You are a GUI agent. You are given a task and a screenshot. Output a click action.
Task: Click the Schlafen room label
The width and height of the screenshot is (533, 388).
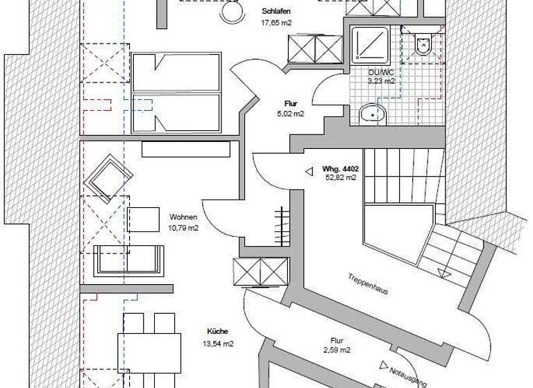point(276,12)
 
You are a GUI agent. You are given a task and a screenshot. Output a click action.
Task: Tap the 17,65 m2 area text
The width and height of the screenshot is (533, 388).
point(275,22)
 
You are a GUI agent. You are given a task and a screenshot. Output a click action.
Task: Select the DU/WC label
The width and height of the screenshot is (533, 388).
point(382,71)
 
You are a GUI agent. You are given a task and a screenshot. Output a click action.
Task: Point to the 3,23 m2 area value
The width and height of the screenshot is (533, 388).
point(382,81)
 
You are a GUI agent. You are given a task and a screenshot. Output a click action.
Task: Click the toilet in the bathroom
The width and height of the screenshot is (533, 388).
point(422,44)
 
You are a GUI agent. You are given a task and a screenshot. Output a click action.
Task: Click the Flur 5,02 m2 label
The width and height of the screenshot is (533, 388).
point(291,103)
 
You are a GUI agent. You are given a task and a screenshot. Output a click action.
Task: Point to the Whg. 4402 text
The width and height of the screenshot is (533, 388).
point(339,168)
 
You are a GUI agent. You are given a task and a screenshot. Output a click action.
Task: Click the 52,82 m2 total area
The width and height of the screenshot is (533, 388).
point(340,177)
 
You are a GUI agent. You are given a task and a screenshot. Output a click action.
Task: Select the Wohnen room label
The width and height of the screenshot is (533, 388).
point(183,218)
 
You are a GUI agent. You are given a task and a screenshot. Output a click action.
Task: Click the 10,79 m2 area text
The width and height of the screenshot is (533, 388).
point(183,227)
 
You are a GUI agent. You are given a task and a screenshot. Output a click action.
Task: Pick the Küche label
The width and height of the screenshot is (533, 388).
point(217,332)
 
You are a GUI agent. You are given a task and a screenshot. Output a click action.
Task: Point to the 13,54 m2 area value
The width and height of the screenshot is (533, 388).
point(217,343)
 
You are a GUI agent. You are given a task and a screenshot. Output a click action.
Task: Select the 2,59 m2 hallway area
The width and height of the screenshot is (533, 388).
point(337,351)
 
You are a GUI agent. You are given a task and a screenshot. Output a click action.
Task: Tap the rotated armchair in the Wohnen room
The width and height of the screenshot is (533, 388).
point(108,177)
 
